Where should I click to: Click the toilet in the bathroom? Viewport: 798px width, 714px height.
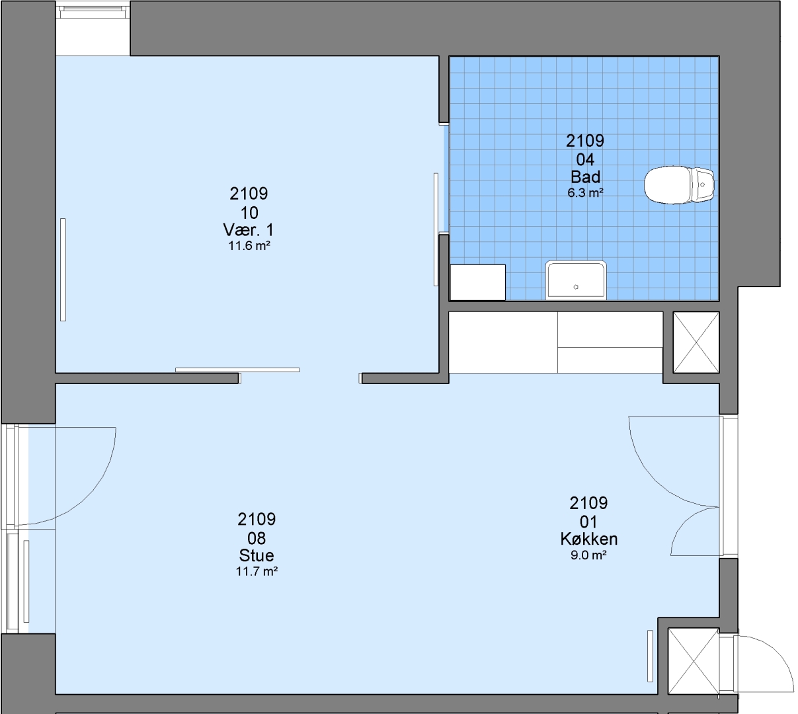pos(679,185)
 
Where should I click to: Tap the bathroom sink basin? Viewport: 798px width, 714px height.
pos(575,280)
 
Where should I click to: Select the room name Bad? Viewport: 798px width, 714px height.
pos(585,177)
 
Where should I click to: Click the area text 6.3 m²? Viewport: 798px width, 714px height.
pos(585,193)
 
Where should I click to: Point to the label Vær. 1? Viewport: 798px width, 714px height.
pos(248,229)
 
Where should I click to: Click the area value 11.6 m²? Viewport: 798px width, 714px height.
pos(249,246)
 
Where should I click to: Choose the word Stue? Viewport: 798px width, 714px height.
pos(257,555)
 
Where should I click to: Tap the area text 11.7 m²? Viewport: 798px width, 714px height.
pos(257,571)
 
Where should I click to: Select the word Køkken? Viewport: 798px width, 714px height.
pos(589,539)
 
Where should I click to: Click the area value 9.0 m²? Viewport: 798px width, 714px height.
pos(588,555)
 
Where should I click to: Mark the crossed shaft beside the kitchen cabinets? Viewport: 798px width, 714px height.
pos(696,342)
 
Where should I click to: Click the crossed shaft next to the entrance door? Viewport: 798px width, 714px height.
pos(694,662)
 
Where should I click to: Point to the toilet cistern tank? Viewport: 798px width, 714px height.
pos(703,184)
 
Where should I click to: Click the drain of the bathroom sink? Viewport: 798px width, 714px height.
pos(576,287)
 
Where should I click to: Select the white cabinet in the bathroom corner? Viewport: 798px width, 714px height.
pos(477,282)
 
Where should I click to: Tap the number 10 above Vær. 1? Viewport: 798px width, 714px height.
pos(249,213)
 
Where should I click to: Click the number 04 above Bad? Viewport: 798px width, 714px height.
pos(585,159)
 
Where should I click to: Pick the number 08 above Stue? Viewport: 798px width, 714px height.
pos(257,538)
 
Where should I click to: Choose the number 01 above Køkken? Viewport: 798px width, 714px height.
pos(588,522)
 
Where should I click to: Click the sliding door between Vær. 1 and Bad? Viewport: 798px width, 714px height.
pos(436,229)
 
